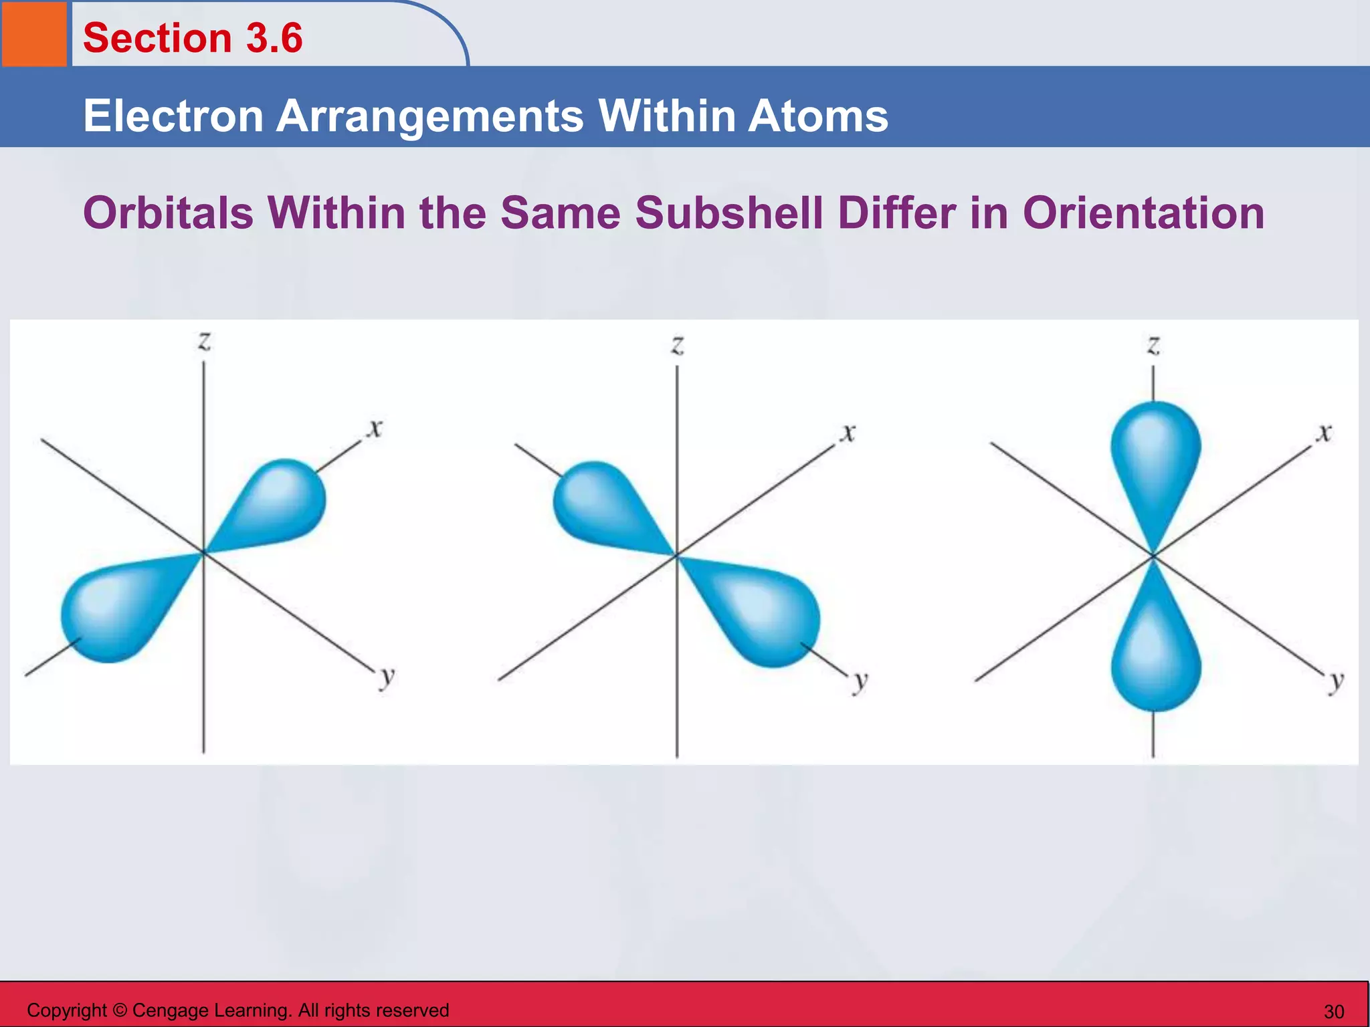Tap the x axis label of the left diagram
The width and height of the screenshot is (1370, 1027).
(375, 427)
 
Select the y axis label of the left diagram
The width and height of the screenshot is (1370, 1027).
(387, 678)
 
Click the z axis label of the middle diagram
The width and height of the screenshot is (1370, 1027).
(678, 345)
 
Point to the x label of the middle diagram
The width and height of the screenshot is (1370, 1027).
(848, 433)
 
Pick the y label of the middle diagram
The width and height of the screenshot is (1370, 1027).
(860, 682)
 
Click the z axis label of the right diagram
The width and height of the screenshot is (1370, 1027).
(1153, 345)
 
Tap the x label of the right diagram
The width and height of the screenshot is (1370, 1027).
(1325, 433)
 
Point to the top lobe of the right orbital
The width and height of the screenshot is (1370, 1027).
(1155, 455)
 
